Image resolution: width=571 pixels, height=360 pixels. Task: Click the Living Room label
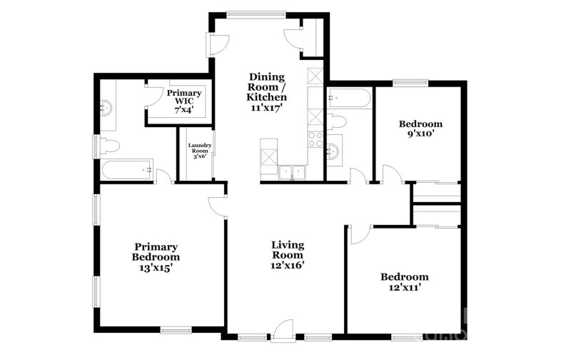point(288,255)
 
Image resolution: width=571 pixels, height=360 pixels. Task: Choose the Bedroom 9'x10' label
point(420,128)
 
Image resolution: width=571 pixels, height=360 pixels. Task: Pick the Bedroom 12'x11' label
point(404,283)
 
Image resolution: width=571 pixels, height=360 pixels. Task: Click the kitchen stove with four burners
point(315,139)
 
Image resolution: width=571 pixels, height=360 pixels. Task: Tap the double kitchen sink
point(293,171)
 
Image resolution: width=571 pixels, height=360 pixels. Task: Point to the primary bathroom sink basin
point(107,108)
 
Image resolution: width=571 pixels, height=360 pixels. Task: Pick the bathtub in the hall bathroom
point(348,98)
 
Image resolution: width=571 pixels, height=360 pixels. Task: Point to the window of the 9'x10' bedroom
point(410,82)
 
